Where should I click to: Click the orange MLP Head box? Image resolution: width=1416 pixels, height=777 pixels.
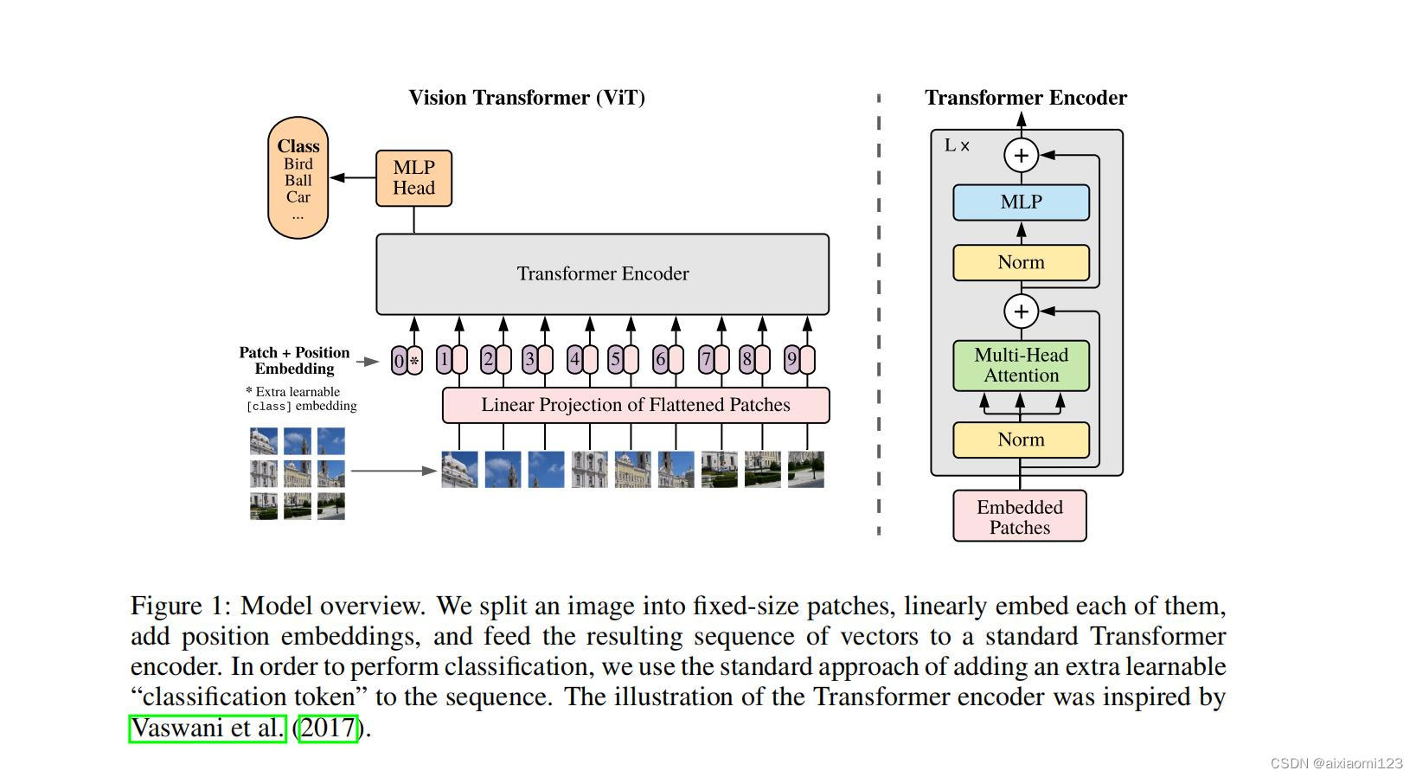coord(413,178)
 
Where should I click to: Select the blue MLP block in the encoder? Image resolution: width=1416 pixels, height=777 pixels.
coord(1021,202)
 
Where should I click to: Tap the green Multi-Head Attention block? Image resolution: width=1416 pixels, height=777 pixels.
coord(1021,365)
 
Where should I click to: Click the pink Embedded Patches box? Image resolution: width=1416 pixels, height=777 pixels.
coord(1019,517)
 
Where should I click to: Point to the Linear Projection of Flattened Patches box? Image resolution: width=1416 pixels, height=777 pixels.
coord(636,405)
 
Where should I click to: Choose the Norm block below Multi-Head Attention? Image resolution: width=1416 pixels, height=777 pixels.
coord(1021,440)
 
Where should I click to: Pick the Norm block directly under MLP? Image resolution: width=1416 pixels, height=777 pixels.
coord(1021,262)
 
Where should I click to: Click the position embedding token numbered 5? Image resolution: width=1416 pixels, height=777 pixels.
coord(615,359)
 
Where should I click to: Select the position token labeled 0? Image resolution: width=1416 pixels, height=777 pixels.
coord(399,361)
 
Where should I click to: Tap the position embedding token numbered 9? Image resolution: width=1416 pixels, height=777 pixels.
coord(791,359)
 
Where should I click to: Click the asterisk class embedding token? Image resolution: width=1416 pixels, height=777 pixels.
coord(414,361)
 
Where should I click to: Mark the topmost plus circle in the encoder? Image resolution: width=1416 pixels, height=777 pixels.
coord(1021,156)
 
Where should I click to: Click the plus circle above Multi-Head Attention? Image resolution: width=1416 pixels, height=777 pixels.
coord(1021,311)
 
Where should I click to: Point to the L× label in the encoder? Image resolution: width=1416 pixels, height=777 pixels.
coord(957,146)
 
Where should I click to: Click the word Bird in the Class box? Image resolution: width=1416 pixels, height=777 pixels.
coord(298,164)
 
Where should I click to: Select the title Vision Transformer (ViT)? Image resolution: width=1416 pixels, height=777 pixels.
coord(527,98)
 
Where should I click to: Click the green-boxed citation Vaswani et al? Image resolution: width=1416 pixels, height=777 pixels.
coord(208,729)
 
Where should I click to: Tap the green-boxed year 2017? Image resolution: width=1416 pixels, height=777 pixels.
coord(328,729)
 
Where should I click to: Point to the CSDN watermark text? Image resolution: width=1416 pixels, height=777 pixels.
coord(1336,763)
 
